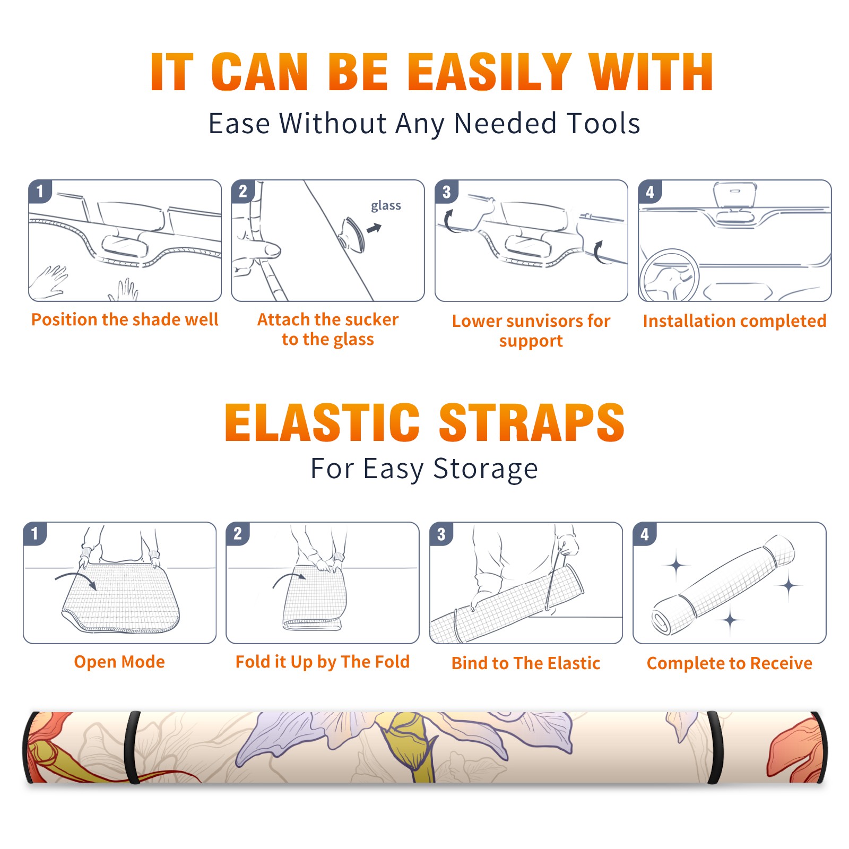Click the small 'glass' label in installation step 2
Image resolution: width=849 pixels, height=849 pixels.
point(386,206)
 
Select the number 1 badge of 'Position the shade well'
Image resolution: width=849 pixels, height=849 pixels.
point(40,191)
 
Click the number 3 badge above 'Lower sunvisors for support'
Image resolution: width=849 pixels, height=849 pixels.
point(446,191)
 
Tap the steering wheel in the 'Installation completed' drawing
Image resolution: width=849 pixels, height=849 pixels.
point(669,275)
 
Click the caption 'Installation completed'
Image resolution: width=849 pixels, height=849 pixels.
point(734,320)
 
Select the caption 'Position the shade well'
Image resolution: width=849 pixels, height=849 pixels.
point(125,319)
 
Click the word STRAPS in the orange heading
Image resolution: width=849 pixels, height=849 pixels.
point(532,422)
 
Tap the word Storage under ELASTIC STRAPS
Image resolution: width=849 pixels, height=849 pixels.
point(486,469)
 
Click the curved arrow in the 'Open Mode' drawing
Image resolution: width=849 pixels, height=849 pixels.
point(76,579)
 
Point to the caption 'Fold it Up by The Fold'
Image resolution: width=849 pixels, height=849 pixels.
point(323,662)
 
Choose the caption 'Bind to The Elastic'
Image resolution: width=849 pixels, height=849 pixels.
point(526,663)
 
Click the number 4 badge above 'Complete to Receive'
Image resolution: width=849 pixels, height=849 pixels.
point(645,533)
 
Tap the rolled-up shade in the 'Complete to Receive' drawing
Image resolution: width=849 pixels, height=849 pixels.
point(723,585)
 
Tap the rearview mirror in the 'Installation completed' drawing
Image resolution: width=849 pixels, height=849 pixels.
point(735,195)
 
